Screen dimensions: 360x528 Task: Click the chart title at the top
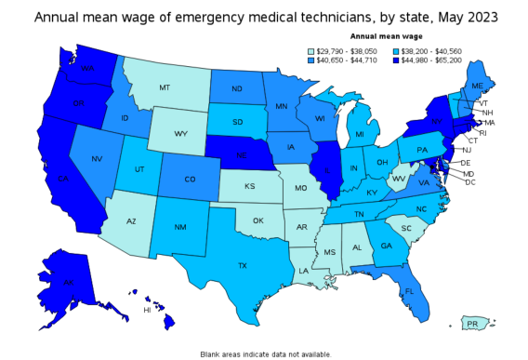264,16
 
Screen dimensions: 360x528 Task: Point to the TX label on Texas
243,265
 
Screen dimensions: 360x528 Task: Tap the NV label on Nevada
96,159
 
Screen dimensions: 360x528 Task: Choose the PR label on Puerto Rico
472,324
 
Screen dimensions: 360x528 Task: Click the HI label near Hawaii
146,310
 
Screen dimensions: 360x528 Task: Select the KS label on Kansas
249,186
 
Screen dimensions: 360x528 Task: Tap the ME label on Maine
477,85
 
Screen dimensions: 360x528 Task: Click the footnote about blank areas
264,353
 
